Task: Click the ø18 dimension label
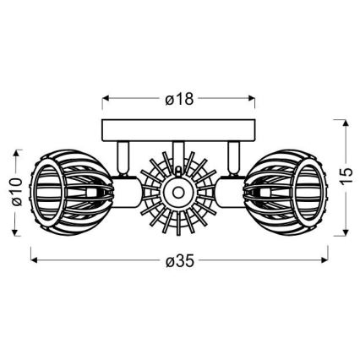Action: pos(178,99)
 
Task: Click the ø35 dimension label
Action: pos(178,259)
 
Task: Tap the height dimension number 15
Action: pos(344,176)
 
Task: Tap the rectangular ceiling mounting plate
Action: pos(178,130)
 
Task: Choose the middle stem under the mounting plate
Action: pos(178,150)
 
